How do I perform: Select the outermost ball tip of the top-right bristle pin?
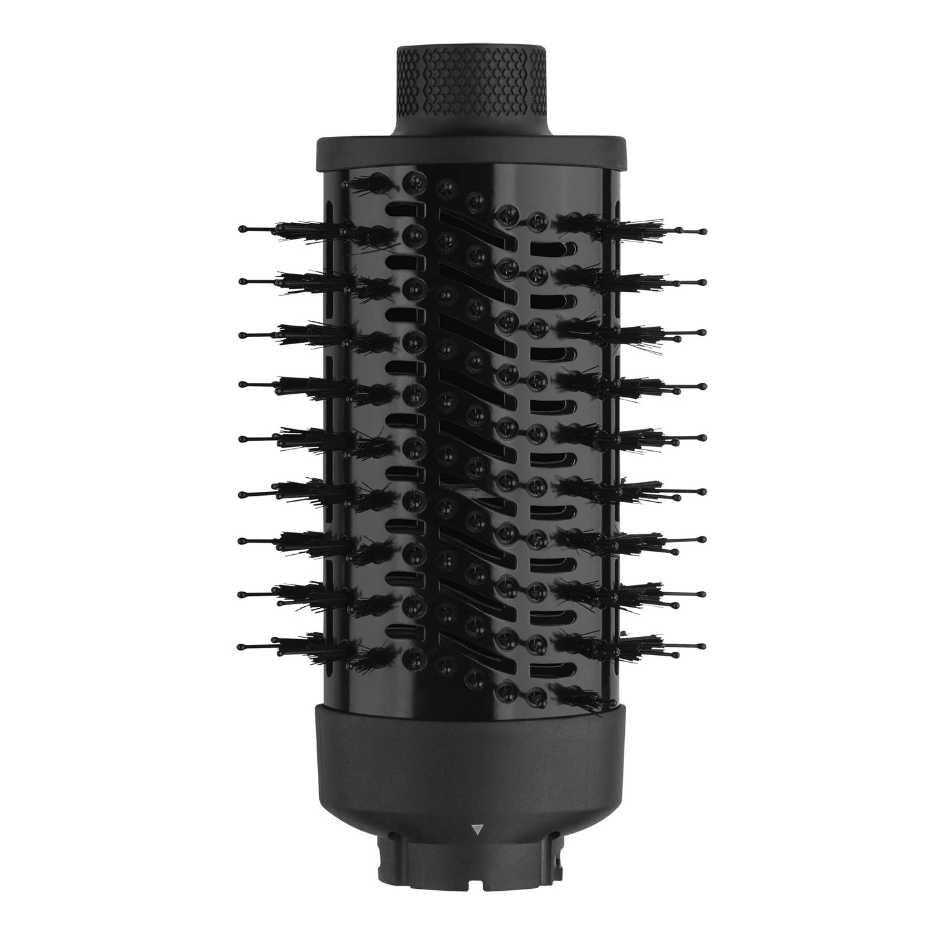pos(704,229)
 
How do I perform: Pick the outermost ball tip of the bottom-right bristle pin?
pos(704,644)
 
